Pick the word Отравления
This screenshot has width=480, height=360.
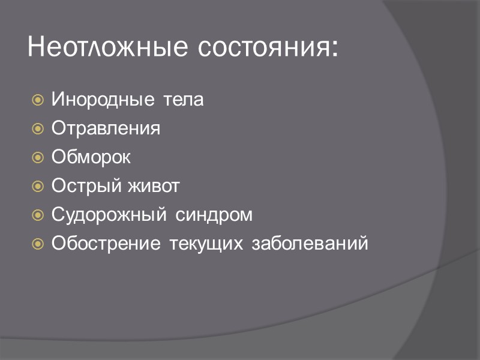pyautogui.click(x=106, y=128)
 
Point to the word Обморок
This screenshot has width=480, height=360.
pyautogui.click(x=91, y=157)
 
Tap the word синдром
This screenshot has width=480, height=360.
pyautogui.click(x=214, y=215)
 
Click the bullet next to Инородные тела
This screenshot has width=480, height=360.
pyautogui.click(x=37, y=100)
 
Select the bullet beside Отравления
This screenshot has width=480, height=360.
pyautogui.click(x=37, y=129)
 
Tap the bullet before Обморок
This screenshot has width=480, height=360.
pyautogui.click(x=37, y=158)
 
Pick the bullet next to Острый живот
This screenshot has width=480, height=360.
pyautogui.click(x=37, y=187)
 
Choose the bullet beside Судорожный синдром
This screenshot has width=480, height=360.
pyautogui.click(x=37, y=215)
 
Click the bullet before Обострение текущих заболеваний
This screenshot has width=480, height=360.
pyautogui.click(x=37, y=244)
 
